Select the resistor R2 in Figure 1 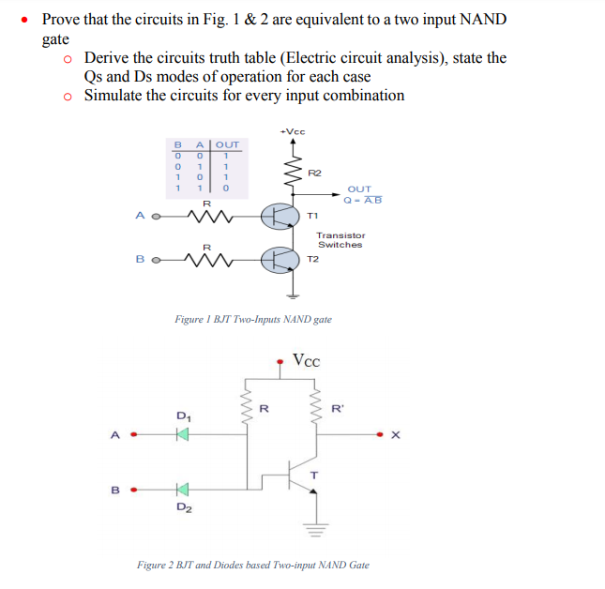point(293,172)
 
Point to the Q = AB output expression point(362,199)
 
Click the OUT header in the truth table point(228,143)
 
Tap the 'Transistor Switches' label point(340,240)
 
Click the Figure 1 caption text point(253,320)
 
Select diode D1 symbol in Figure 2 point(182,434)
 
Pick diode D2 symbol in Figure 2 point(182,489)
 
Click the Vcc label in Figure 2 point(306,360)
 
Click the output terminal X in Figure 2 point(395,434)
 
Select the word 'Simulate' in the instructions point(113,95)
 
